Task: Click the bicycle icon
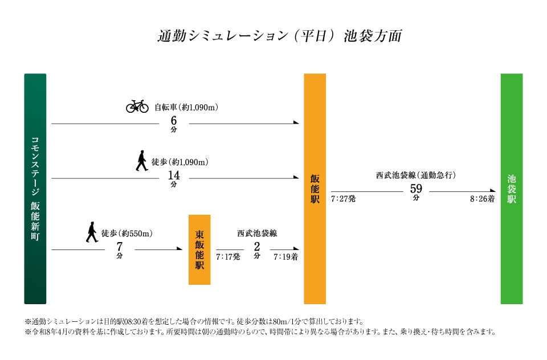coord(137,106)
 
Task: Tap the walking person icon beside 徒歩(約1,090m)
coord(141,161)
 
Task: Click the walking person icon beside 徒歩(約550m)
coord(92,232)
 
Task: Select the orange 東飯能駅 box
coord(199,249)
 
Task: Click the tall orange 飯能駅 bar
coord(315,189)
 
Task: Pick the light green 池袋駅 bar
coord(511,189)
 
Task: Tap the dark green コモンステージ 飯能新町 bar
coord(35,189)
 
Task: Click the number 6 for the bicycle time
coord(174,121)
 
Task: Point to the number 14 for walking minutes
coord(174,175)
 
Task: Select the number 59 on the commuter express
coord(416,189)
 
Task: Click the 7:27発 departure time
coord(343,199)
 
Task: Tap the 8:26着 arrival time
coord(482,199)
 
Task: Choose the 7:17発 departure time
coord(228,257)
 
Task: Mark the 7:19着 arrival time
coord(285,257)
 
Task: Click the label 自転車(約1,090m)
coord(187,107)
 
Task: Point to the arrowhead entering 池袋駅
coord(492,191)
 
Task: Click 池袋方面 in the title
coord(373,36)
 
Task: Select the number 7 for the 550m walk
coord(120,247)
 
